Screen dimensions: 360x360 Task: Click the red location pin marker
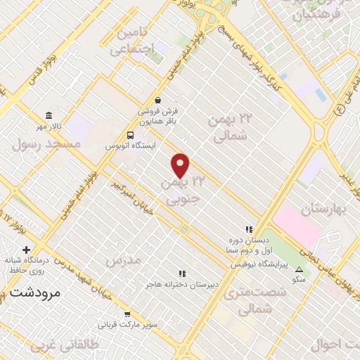point(181,165)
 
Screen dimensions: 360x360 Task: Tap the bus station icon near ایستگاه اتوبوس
point(130,134)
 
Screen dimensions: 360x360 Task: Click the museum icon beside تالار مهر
point(49,115)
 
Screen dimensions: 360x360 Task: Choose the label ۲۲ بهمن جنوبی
point(182,191)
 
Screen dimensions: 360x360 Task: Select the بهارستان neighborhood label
point(326,209)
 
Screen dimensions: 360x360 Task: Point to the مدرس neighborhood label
point(123,259)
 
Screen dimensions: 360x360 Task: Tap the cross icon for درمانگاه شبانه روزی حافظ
point(27,250)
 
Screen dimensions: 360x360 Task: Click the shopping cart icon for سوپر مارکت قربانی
point(127,314)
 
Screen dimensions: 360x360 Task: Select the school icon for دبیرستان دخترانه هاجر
point(183,274)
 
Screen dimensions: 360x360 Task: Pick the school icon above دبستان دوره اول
point(248,229)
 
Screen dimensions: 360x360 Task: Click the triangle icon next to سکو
point(300,270)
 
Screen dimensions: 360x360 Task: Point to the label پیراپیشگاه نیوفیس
point(258,264)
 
